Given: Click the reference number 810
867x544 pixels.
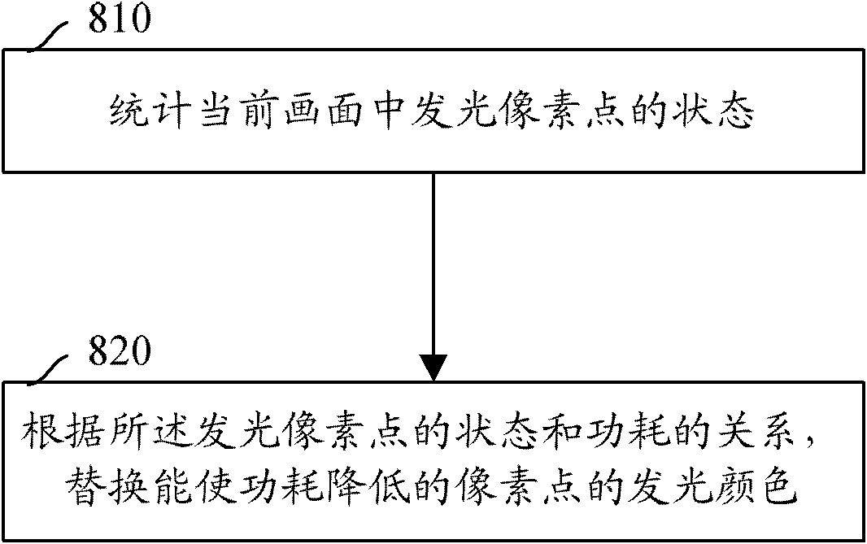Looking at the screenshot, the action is pos(120,18).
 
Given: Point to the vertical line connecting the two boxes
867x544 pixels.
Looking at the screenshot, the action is pos(433,264).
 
